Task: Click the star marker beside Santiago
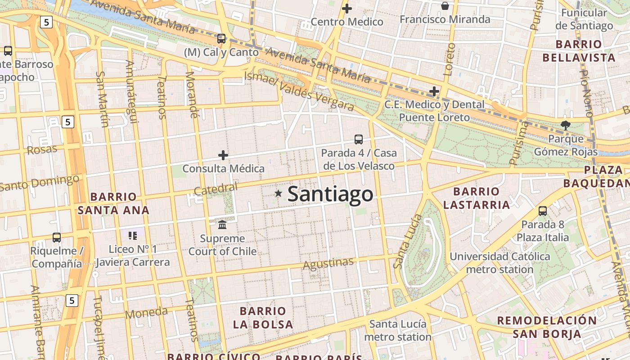point(279,193)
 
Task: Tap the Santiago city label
point(330,194)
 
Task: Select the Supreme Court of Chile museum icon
point(222,224)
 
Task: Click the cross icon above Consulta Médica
point(223,156)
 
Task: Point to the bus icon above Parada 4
point(359,139)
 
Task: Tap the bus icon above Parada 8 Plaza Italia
point(543,211)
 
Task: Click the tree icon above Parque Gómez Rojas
point(565,126)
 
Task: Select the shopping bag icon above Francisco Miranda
point(445,6)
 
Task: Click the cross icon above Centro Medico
point(347,8)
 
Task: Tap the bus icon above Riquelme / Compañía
point(57,237)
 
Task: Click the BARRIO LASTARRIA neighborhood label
point(477,198)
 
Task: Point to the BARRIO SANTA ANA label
point(113,203)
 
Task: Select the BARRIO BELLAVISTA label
point(579,51)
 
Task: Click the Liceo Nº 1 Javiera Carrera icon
point(132,235)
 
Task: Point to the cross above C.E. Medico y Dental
point(434,92)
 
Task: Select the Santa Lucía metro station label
point(397,330)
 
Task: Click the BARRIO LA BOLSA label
point(263,317)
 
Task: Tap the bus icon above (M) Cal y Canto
point(221,39)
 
